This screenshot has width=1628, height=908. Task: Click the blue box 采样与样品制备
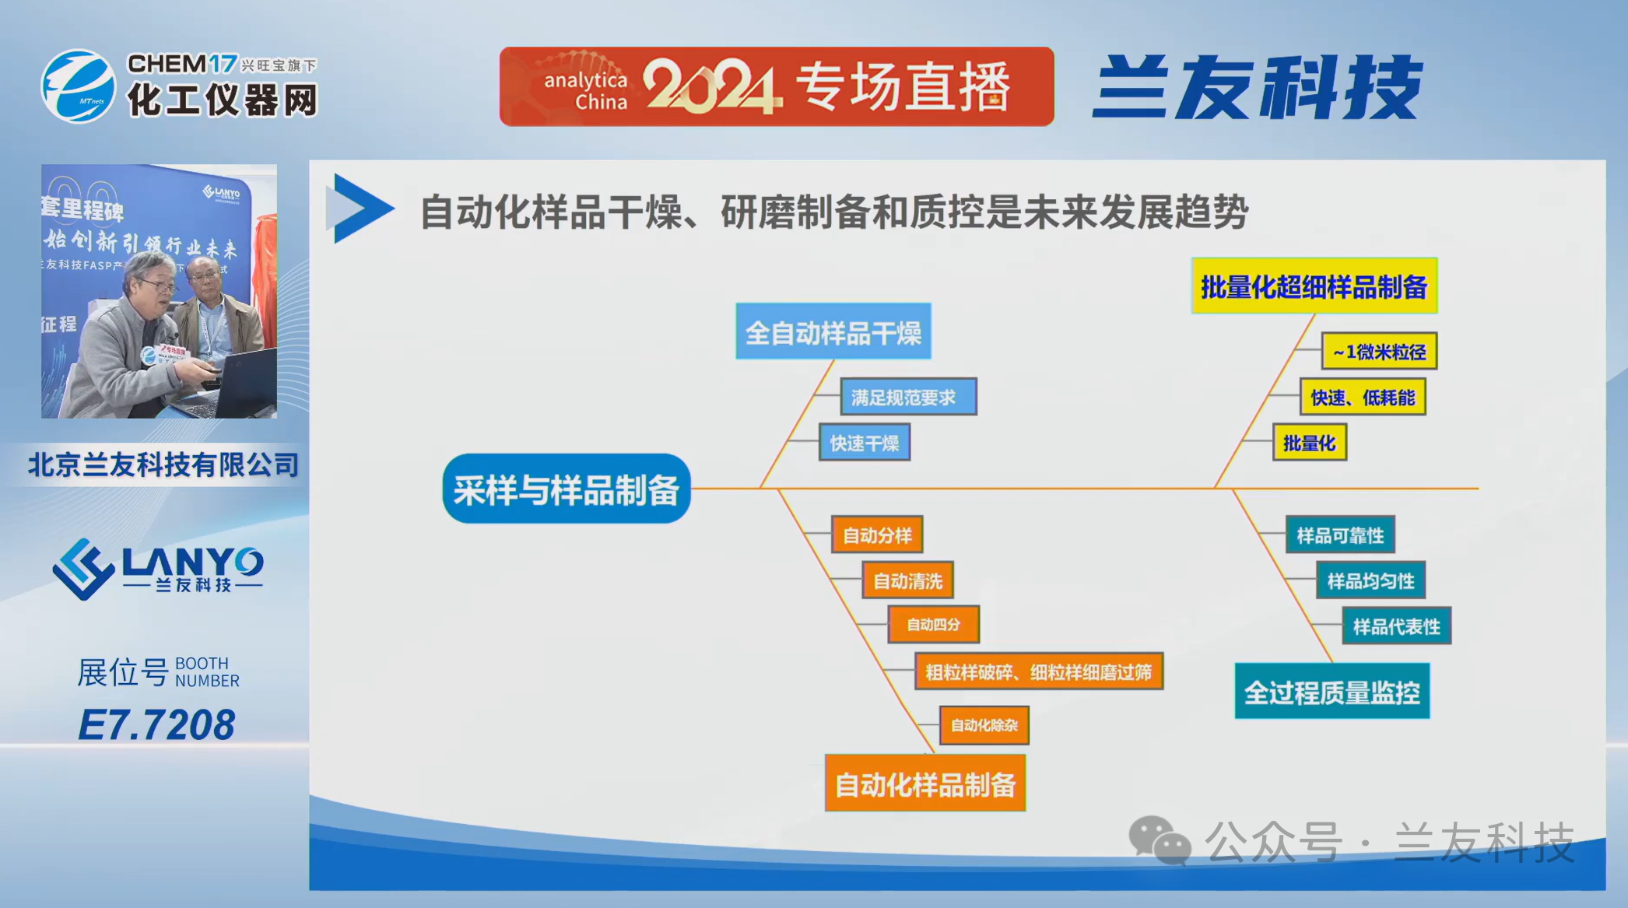(567, 489)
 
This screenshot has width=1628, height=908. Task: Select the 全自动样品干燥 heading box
(833, 331)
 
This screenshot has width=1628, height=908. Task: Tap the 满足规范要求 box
(908, 397)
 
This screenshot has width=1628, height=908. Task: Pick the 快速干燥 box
(864, 443)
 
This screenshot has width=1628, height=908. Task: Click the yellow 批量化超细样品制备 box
(1314, 286)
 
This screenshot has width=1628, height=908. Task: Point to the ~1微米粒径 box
(1379, 352)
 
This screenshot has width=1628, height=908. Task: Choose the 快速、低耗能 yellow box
(1363, 397)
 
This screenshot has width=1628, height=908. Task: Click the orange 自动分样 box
(877, 535)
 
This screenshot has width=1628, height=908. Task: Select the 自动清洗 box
(907, 580)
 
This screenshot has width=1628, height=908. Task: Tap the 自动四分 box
(933, 624)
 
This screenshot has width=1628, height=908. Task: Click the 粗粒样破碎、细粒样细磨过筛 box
(1038, 671)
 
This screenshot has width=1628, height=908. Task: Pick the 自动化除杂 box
(984, 725)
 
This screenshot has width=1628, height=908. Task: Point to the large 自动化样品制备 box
(925, 784)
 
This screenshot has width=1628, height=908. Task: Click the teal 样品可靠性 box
(1339, 535)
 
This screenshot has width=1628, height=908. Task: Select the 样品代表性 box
(1396, 626)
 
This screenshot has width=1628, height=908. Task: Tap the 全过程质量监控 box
(1332, 691)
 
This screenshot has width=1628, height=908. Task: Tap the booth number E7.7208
(156, 724)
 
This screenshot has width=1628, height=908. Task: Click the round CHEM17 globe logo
(79, 86)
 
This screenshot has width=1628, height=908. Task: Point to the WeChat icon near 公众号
(1160, 840)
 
